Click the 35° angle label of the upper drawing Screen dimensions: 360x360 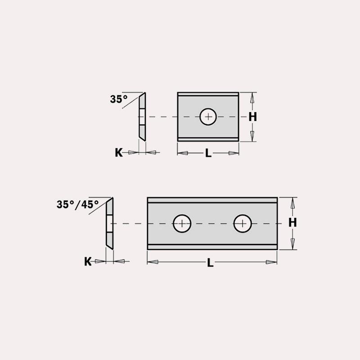(x=119, y=99)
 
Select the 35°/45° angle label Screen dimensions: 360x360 (x=77, y=204)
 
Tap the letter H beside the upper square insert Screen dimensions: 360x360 (x=253, y=117)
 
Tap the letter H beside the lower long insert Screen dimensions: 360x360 (x=292, y=222)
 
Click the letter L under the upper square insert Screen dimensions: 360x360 (x=208, y=153)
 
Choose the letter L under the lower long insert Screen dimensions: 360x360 (x=210, y=263)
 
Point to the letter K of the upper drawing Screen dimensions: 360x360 (x=119, y=153)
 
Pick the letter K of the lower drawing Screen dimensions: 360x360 (x=88, y=261)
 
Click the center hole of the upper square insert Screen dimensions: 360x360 (x=208, y=117)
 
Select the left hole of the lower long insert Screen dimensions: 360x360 (x=182, y=223)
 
